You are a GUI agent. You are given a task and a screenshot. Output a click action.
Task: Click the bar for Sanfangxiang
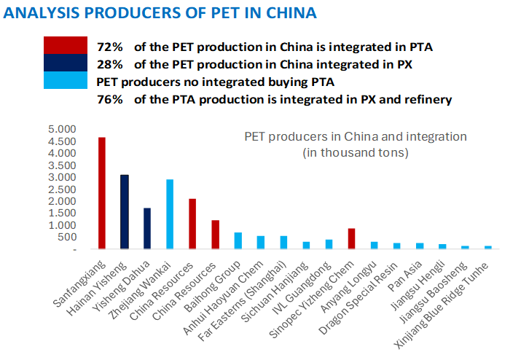tap(102, 193)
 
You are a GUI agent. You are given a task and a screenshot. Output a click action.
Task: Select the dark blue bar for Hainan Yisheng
tap(125, 212)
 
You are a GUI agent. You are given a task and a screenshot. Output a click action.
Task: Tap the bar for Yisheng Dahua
tap(147, 229)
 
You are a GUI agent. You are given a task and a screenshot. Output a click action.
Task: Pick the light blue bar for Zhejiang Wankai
tap(170, 214)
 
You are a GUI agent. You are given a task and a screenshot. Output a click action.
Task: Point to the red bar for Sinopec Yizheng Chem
tap(351, 239)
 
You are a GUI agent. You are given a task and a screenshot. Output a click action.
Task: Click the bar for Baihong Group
tap(238, 241)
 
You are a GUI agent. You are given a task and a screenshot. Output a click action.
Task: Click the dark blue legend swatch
tap(66, 63)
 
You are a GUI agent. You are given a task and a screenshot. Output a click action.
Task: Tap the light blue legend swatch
tap(66, 79)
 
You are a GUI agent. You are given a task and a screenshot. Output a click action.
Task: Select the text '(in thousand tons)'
tap(355, 153)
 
